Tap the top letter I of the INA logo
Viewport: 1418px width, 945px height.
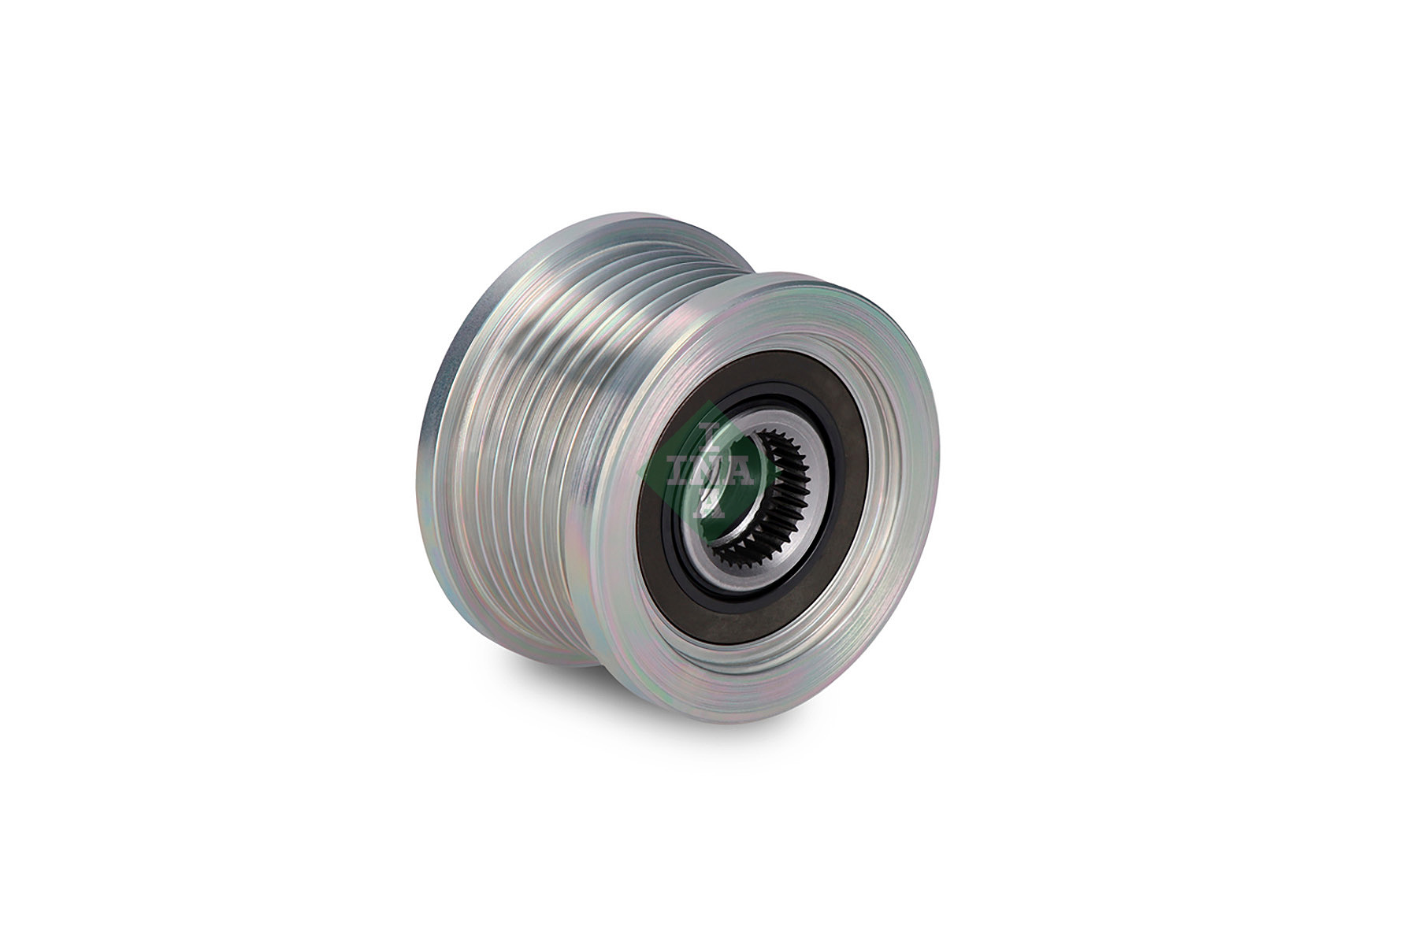pos(708,435)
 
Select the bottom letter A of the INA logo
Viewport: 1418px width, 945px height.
pos(709,504)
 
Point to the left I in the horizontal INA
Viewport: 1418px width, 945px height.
pos(677,470)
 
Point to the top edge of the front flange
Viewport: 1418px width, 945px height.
pos(804,276)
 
